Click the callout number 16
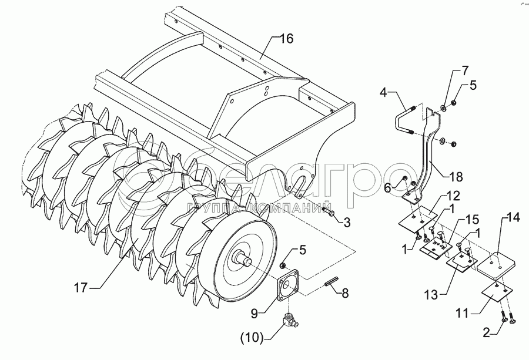point(285,39)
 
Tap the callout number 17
point(81,287)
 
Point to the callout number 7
point(465,72)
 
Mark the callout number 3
point(347,222)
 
